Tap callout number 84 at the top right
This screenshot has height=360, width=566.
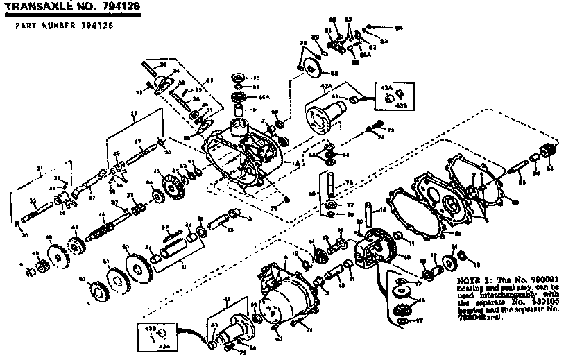[399, 28]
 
